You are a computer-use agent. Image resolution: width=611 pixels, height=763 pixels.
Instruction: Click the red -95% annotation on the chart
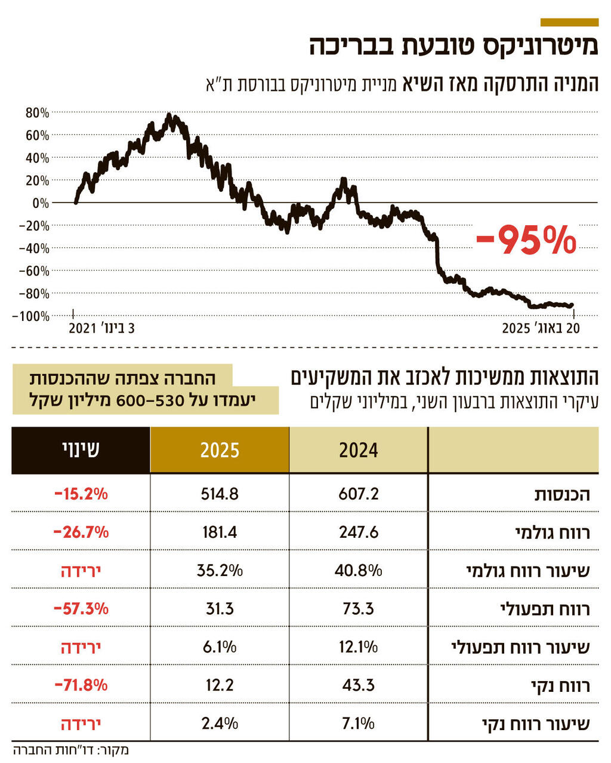tap(526, 240)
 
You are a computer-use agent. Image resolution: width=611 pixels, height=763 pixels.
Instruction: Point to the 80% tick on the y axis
tap(37, 113)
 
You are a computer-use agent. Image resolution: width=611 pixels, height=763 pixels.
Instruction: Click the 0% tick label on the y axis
tap(41, 203)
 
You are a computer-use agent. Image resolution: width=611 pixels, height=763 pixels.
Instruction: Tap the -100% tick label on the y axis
tap(30, 316)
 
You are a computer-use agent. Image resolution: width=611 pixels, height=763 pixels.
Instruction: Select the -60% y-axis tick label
tap(33, 271)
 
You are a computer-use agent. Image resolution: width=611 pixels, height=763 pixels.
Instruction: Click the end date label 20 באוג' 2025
tap(541, 329)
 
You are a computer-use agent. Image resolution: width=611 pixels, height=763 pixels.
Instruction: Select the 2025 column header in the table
tap(220, 450)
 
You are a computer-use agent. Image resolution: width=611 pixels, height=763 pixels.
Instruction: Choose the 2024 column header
tap(359, 450)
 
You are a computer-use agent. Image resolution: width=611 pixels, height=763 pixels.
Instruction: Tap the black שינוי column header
tap(81, 450)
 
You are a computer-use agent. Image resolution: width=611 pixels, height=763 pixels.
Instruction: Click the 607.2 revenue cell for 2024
tap(359, 494)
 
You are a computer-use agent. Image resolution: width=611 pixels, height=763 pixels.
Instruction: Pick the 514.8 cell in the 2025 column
tap(220, 494)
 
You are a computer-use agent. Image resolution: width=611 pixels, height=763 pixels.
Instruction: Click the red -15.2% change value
tap(81, 494)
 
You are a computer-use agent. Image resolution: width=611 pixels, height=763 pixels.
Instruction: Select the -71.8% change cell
tap(81, 685)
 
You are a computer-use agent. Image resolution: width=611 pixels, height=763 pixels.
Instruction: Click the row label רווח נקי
tap(560, 685)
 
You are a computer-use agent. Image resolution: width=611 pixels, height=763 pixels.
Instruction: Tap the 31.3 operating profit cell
tap(220, 608)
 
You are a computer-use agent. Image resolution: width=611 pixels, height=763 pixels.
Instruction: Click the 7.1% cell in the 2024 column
tap(359, 723)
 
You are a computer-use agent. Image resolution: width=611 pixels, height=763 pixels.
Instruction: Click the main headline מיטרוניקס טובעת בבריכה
tap(453, 46)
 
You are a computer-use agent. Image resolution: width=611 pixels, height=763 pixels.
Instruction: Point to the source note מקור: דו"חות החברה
tap(71, 750)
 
